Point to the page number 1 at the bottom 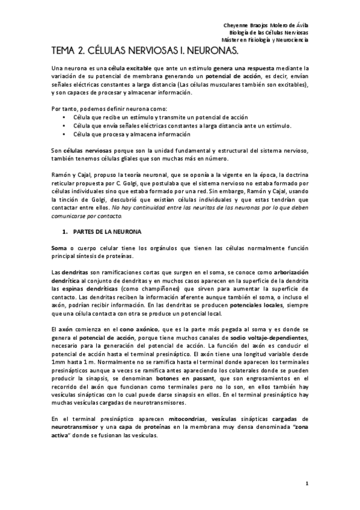pos(307,482)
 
